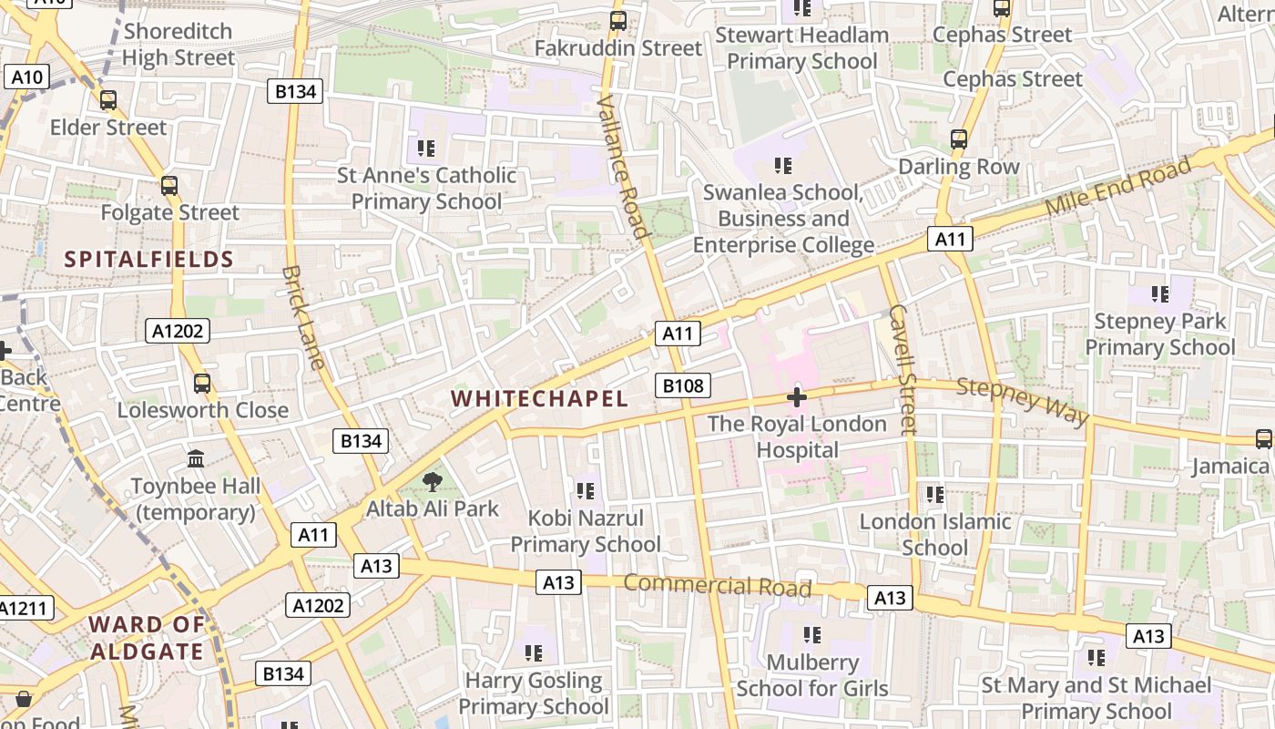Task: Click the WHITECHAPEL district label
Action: click(x=539, y=399)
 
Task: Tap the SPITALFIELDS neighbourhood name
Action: click(x=149, y=260)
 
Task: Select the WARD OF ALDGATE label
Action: click(x=146, y=638)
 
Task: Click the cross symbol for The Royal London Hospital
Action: click(x=797, y=397)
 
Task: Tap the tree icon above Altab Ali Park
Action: click(x=432, y=482)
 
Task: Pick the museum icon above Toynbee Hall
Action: click(x=196, y=458)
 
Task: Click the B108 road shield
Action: click(x=683, y=385)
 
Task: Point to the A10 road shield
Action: click(x=26, y=77)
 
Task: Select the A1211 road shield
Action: click(x=25, y=608)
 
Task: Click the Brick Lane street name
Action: click(x=304, y=317)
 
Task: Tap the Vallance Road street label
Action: click(x=623, y=166)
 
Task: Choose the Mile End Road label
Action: click(x=1118, y=187)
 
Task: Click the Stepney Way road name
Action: click(x=1023, y=401)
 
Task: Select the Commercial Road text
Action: click(x=719, y=586)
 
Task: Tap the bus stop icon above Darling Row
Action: click(x=959, y=139)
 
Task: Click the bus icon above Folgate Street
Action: click(x=169, y=186)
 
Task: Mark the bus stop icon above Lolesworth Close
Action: click(x=202, y=384)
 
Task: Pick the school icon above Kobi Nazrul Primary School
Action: click(x=586, y=491)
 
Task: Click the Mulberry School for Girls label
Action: click(x=811, y=674)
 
